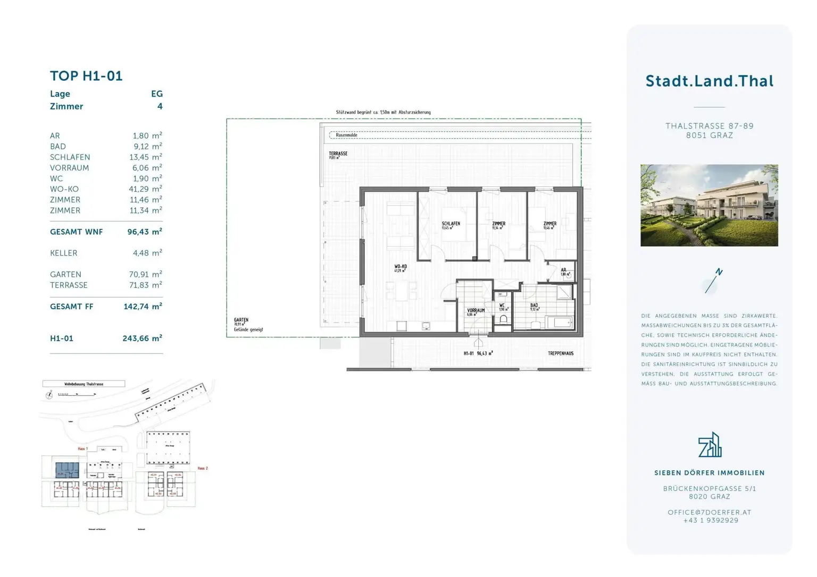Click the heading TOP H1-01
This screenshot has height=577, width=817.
[x=86, y=76]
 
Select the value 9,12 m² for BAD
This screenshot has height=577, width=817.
[x=147, y=147]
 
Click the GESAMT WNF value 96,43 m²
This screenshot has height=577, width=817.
[x=144, y=232]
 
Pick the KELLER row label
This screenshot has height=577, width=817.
[x=64, y=253]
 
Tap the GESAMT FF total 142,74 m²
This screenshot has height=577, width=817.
[x=143, y=307]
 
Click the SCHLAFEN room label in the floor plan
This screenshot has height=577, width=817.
[x=451, y=224]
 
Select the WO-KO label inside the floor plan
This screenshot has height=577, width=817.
[x=401, y=267]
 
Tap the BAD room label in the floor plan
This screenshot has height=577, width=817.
[x=534, y=306]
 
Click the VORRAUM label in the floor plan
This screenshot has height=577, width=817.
[x=476, y=311]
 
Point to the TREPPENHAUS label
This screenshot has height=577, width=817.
[x=561, y=353]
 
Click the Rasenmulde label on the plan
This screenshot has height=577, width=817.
[x=347, y=135]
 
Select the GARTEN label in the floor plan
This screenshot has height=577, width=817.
[x=241, y=320]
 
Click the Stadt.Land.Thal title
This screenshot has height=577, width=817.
[x=709, y=81]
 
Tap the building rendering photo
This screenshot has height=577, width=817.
[x=709, y=205]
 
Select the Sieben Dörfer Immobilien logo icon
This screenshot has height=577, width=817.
[x=710, y=445]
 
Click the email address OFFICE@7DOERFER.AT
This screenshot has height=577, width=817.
[x=709, y=513]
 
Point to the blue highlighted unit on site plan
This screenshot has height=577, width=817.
[x=68, y=470]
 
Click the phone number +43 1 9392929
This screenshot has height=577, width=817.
[x=711, y=521]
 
